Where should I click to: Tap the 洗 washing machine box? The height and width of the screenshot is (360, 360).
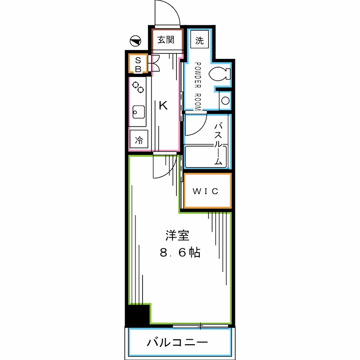click(199, 40)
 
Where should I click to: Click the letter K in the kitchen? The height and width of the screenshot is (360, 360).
click(163, 106)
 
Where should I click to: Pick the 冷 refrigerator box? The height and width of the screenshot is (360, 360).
click(139, 139)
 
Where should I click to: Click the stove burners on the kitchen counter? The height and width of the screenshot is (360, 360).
click(138, 86)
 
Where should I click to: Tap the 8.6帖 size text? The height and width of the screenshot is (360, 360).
click(180, 252)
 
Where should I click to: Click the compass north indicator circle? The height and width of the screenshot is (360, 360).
click(135, 41)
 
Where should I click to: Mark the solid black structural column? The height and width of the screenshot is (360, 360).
click(137, 315)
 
